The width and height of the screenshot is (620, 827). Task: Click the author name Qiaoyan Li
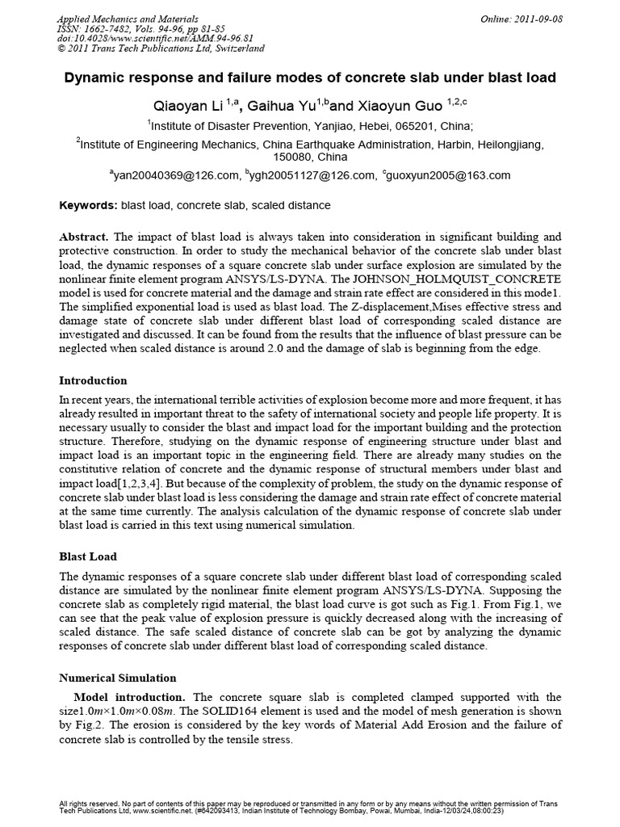pyautogui.click(x=188, y=105)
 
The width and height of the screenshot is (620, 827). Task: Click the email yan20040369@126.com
pyautogui.click(x=177, y=175)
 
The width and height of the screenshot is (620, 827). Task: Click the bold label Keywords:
pyautogui.click(x=89, y=206)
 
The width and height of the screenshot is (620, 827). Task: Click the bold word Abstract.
pyautogui.click(x=83, y=237)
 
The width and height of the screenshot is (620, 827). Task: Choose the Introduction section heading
pyautogui.click(x=94, y=380)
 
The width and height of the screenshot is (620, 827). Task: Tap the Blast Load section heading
pyautogui.click(x=88, y=556)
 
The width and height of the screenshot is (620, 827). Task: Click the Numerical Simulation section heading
pyautogui.click(x=118, y=678)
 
